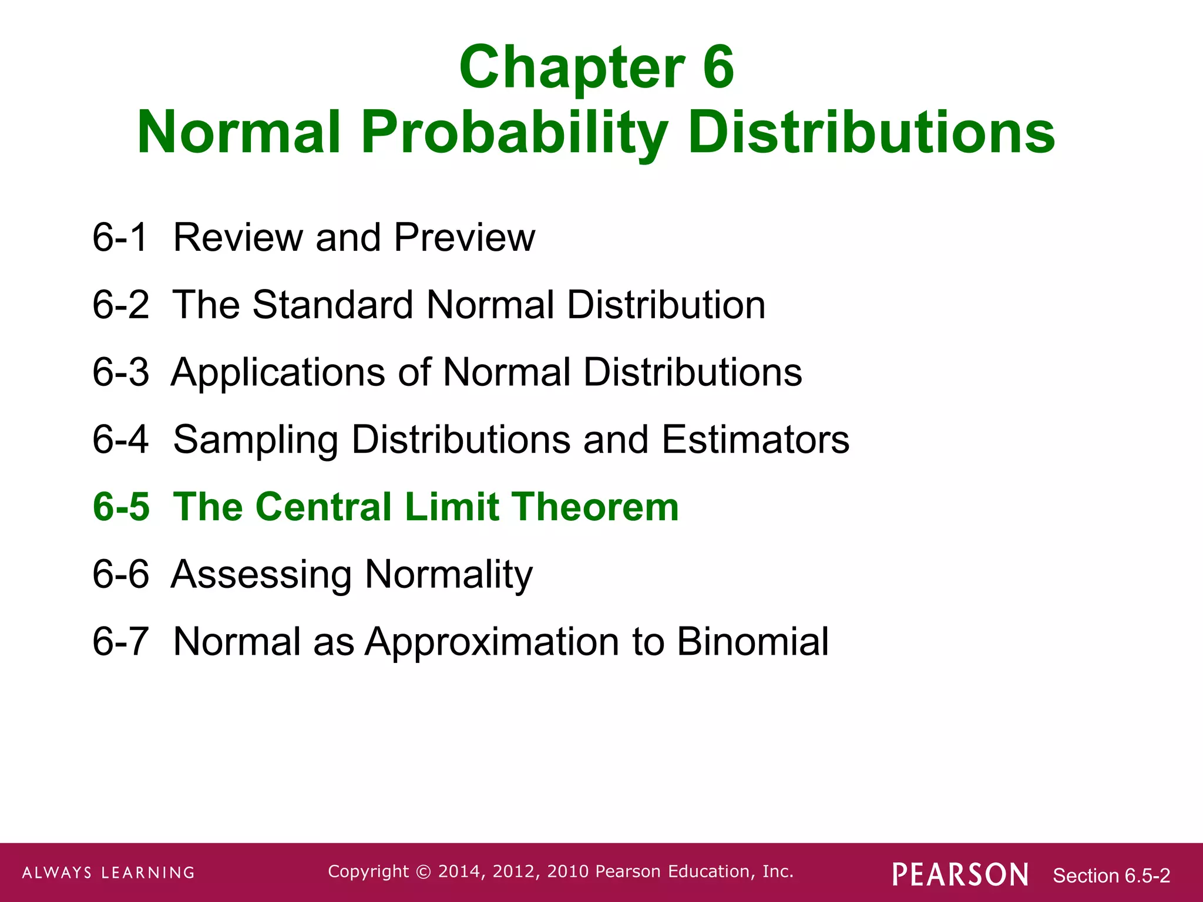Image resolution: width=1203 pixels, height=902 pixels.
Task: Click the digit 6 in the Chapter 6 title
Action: (x=718, y=68)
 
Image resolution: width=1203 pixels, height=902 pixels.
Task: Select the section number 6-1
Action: (x=120, y=238)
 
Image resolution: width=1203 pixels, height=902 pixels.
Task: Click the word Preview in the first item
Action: (x=464, y=238)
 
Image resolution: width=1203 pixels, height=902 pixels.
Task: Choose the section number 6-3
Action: (x=120, y=372)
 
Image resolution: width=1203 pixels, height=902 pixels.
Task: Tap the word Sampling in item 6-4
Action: (x=256, y=440)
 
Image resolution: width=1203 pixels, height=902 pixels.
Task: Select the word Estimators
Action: (x=755, y=440)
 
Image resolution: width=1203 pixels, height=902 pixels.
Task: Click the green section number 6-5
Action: (x=121, y=507)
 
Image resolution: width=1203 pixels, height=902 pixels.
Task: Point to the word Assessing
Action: (x=261, y=575)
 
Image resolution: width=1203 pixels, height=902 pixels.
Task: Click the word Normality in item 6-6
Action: (x=449, y=575)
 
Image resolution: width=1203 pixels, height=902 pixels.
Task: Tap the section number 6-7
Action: (x=120, y=641)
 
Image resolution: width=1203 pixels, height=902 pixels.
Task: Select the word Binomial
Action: (x=752, y=641)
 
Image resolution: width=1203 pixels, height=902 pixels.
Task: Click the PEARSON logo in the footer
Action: (x=960, y=874)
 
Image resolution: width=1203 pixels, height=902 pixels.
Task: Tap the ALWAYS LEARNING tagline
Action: (x=109, y=873)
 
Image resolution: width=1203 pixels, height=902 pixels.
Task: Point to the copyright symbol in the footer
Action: (x=423, y=872)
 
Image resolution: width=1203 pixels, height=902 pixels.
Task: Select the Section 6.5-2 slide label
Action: (x=1111, y=876)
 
